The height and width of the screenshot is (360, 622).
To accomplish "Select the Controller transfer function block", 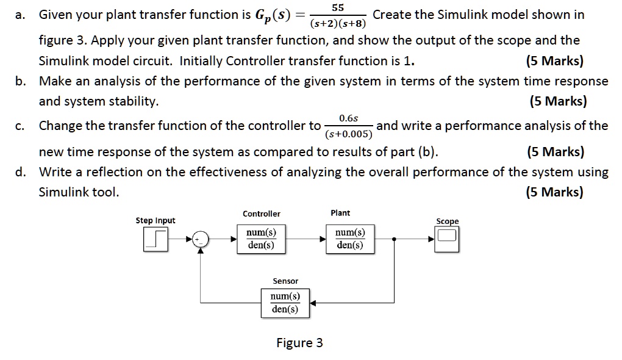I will (x=261, y=239).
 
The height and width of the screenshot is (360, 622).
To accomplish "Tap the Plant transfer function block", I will (x=349, y=239).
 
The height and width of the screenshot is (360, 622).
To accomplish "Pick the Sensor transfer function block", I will (x=285, y=303).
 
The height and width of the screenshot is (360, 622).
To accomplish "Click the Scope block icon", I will (x=447, y=237).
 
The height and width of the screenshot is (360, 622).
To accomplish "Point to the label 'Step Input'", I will (x=155, y=220).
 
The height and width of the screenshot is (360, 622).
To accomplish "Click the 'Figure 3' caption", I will (x=299, y=342).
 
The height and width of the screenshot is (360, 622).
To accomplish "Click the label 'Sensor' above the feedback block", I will (x=285, y=281).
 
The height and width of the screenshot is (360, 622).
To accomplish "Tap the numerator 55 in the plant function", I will (x=338, y=7).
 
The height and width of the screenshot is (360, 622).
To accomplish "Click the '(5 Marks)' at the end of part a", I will (x=554, y=61).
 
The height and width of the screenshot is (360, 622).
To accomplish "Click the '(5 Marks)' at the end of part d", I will (x=554, y=192).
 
